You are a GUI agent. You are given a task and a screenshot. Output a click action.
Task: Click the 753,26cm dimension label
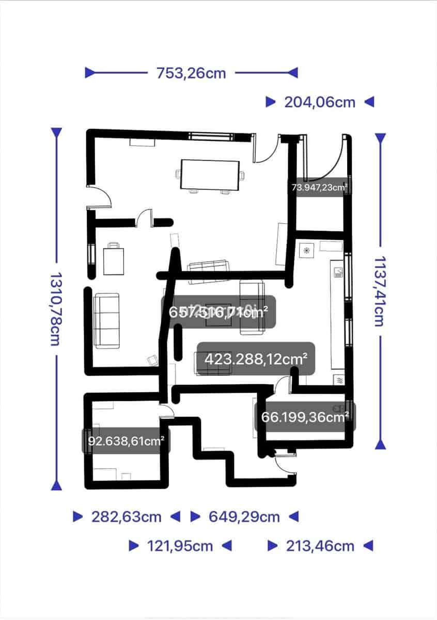(x=191, y=73)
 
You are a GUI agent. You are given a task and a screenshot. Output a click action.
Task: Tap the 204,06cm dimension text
(x=320, y=102)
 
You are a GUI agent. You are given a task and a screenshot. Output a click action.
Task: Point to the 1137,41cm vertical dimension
(x=380, y=291)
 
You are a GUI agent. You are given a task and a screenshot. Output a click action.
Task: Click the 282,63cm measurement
(x=127, y=517)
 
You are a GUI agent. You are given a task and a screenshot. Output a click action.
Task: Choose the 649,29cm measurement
(x=244, y=517)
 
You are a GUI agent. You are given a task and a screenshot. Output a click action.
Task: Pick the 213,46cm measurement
(x=320, y=546)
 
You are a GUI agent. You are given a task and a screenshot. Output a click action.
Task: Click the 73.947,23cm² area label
(x=319, y=187)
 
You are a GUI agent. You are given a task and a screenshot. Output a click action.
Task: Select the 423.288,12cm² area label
(x=256, y=359)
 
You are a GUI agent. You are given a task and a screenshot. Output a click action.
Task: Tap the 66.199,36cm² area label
(x=305, y=416)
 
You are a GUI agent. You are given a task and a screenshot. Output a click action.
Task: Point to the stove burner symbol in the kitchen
(x=306, y=251)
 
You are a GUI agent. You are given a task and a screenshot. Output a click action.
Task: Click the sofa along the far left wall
(x=106, y=320)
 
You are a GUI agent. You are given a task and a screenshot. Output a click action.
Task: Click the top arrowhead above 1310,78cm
(x=56, y=133)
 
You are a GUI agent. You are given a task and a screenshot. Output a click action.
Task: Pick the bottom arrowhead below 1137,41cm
(x=381, y=444)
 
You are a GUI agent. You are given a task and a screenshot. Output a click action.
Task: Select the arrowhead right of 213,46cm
(x=368, y=546)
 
